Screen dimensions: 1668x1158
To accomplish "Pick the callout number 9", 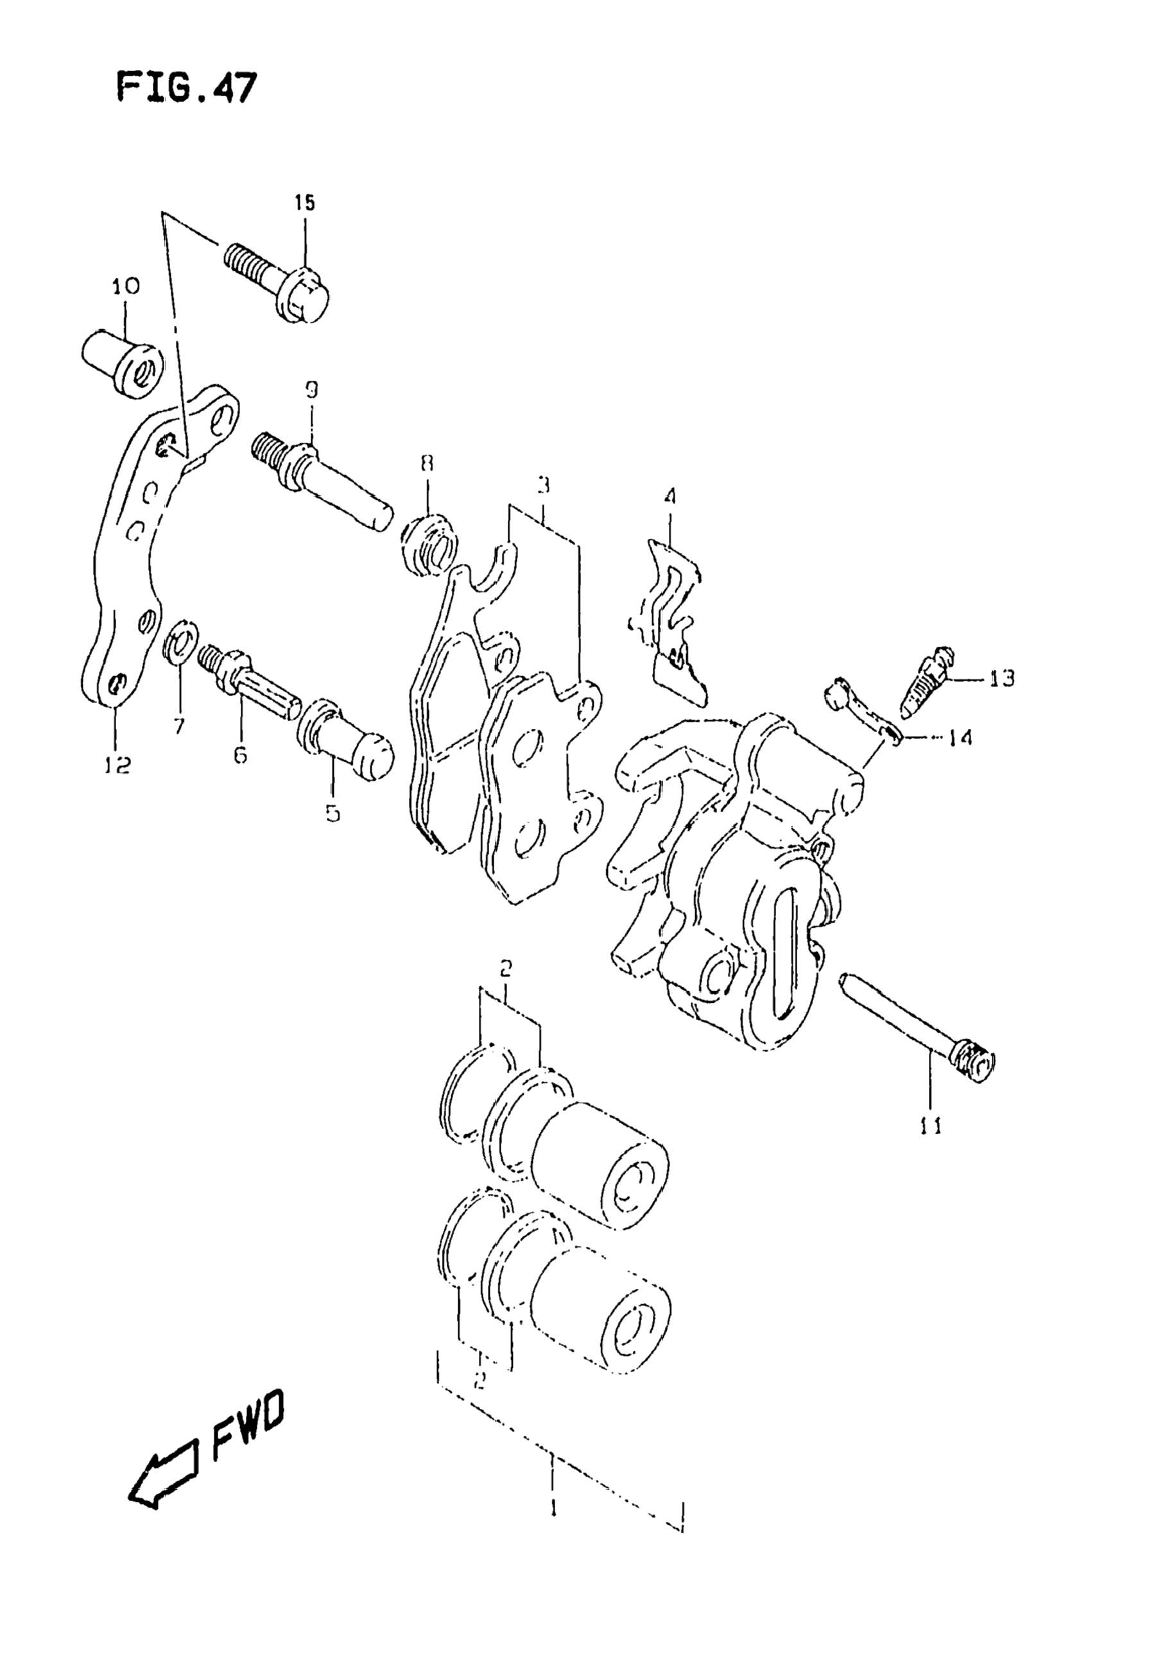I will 311,391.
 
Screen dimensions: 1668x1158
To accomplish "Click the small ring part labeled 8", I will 429,545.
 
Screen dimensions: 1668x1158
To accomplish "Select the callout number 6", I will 240,755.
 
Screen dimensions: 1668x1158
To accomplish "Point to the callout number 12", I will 117,764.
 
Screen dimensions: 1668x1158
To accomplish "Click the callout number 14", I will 958,738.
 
